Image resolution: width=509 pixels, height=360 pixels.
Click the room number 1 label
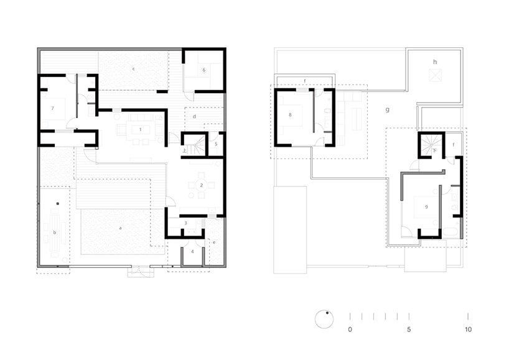coord(141,129)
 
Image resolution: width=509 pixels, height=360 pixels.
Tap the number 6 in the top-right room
coord(203,70)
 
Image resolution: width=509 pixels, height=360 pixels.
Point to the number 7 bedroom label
coord(53,109)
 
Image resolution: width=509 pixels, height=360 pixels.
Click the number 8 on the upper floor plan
coord(290,115)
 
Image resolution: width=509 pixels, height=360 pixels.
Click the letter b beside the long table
coord(55,233)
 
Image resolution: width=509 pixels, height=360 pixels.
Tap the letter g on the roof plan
coord(387,110)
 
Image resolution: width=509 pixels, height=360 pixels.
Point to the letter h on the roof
coord(435,62)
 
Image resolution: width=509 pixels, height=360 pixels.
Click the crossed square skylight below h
coord(435,75)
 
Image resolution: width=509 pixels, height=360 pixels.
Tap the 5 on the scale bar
coord(409,330)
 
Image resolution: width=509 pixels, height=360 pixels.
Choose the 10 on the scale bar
coord(467,330)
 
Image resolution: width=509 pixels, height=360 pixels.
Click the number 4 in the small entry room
coord(192,252)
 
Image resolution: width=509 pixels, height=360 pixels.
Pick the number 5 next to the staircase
coord(215,144)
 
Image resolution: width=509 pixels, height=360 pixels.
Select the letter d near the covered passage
coord(195,117)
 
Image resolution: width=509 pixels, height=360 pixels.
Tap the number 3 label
coord(185,223)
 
